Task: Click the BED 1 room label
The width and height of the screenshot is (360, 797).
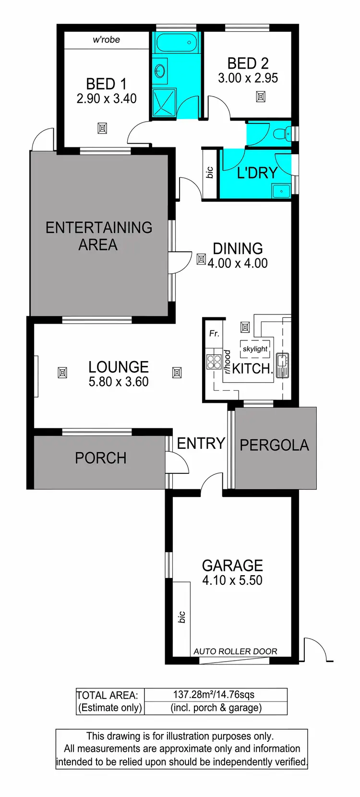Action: click(x=106, y=84)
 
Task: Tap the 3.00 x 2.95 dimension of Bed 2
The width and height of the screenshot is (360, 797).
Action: click(x=248, y=78)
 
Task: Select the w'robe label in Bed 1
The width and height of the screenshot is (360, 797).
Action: click(x=106, y=40)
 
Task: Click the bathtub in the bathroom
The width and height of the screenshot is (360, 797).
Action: click(x=176, y=43)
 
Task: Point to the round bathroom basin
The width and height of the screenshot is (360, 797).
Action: click(x=160, y=71)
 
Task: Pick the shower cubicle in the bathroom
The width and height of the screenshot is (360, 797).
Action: click(x=164, y=102)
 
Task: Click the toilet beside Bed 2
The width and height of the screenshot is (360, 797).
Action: click(x=283, y=133)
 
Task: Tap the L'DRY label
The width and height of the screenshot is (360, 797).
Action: click(x=257, y=173)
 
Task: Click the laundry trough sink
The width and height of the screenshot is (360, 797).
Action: click(x=281, y=191)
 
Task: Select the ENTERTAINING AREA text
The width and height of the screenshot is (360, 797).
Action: click(x=98, y=236)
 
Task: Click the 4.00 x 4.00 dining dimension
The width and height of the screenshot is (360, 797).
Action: click(x=238, y=263)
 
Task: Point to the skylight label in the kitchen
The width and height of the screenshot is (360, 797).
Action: click(x=255, y=349)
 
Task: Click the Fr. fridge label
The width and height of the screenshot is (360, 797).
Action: click(x=214, y=333)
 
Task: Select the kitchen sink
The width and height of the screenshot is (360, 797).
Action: click(x=282, y=365)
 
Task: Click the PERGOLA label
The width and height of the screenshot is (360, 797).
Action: click(x=274, y=445)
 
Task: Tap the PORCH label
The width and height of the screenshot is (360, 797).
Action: click(x=101, y=458)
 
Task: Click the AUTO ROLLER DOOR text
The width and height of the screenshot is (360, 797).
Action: click(x=235, y=652)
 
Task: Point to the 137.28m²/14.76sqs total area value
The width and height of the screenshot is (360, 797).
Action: click(x=214, y=695)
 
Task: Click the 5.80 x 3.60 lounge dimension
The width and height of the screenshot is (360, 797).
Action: click(x=119, y=382)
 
